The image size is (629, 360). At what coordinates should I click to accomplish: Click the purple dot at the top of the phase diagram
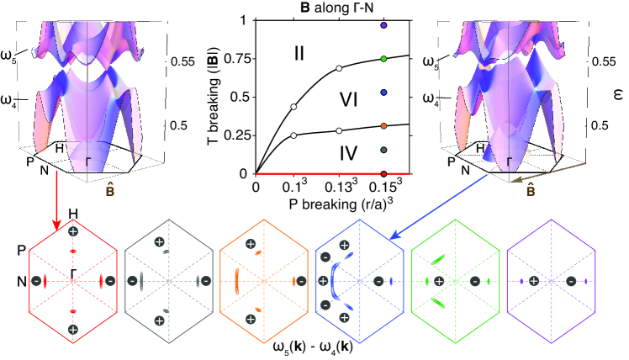pos(383,26)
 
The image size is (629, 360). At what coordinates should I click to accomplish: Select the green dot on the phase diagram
pos(383,59)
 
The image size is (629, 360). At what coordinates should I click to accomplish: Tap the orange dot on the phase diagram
pos(383,125)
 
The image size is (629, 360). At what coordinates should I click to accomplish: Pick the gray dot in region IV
pos(383,150)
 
